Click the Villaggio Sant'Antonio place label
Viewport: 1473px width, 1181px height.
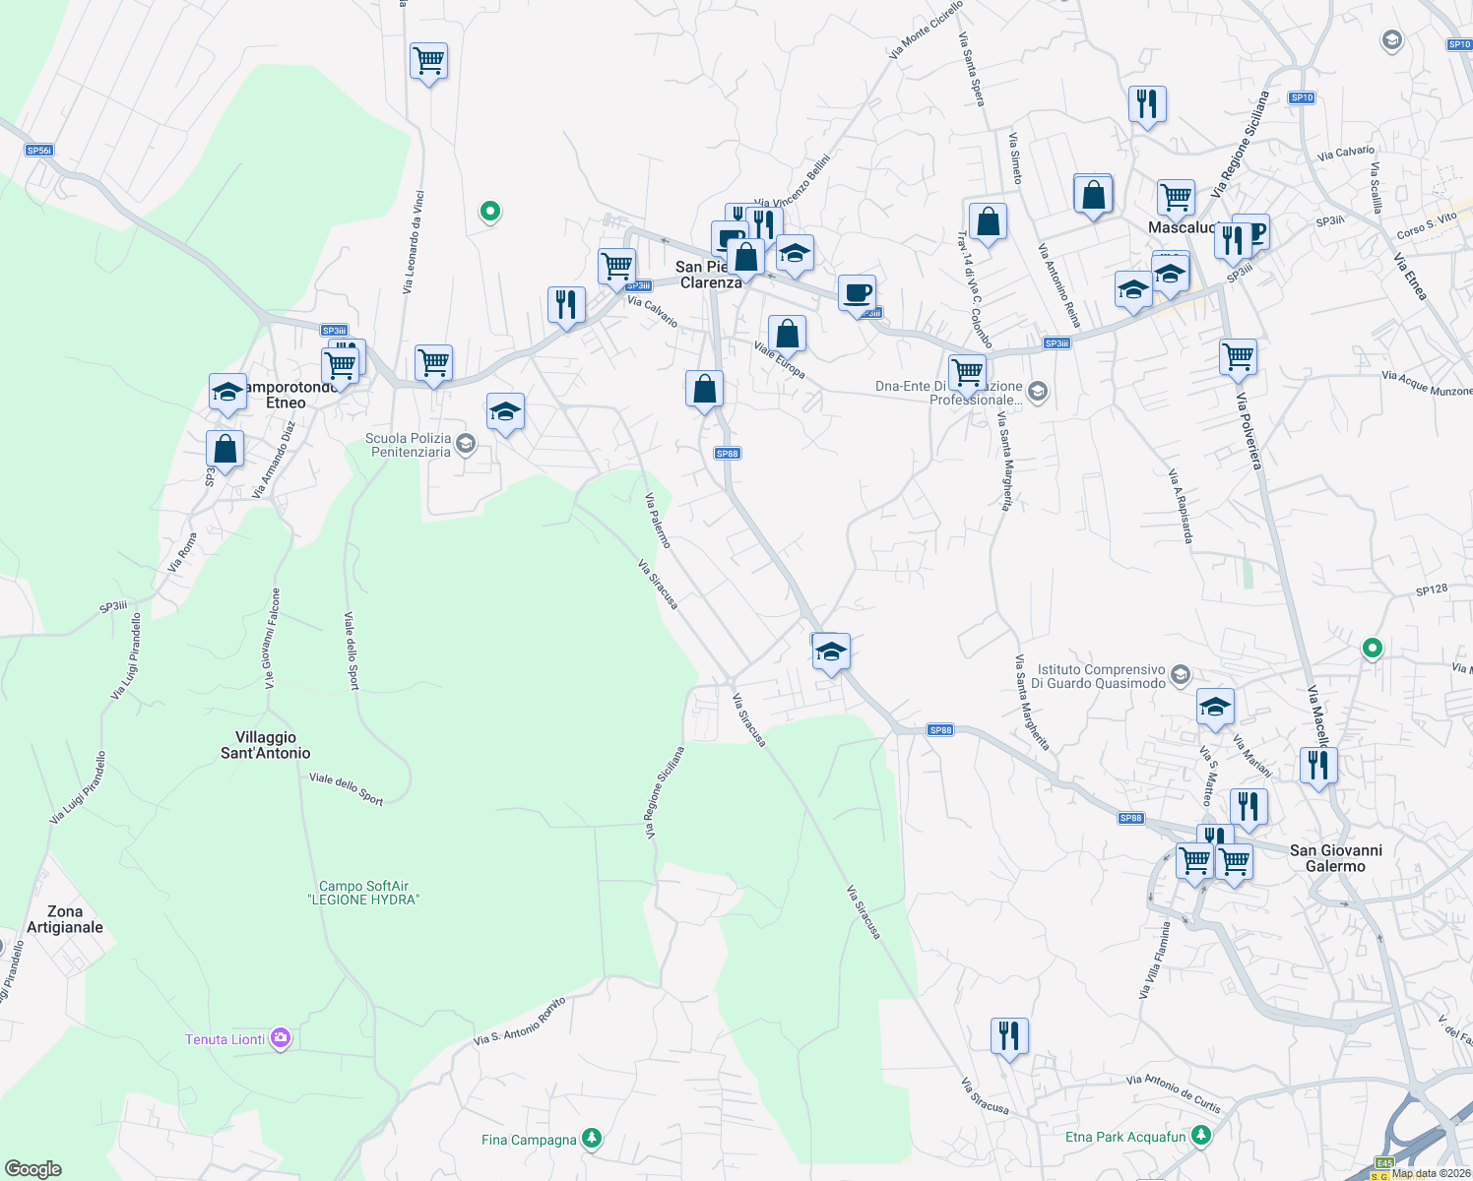pos(265,745)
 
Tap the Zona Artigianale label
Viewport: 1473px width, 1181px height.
pos(65,919)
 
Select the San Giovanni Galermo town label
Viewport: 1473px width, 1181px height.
pos(1335,858)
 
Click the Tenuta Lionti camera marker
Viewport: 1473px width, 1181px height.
pos(281,1038)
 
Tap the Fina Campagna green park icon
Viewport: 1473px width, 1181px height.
pos(591,1139)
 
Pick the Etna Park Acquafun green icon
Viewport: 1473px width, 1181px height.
pos(1200,1136)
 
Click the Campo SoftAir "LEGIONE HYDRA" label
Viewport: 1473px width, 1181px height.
pos(363,893)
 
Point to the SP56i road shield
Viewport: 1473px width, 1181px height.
pos(39,151)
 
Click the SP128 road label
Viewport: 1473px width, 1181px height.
pos(1432,590)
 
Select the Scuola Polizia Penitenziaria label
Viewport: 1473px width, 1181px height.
pos(409,445)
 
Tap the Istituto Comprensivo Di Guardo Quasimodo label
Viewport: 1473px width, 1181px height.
pos(1102,676)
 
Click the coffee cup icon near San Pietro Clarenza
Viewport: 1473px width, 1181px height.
pos(857,292)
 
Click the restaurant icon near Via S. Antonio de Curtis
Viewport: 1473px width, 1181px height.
pos(1009,1035)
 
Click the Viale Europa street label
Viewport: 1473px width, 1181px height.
pos(780,359)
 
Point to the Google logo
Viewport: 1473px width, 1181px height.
pos(33,1169)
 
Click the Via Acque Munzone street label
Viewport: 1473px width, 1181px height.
pos(1426,384)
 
